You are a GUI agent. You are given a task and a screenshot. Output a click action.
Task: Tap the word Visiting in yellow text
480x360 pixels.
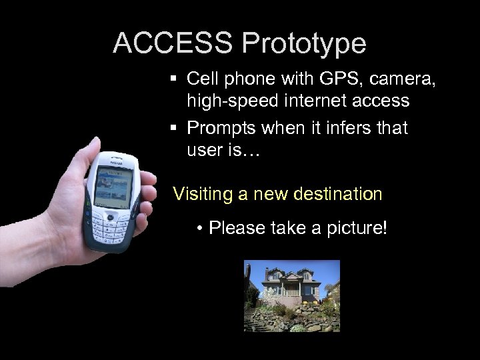(201, 194)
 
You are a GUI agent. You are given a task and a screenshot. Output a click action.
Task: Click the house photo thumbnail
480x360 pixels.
(291, 295)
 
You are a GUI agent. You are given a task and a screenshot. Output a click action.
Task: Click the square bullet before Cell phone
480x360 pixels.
(173, 79)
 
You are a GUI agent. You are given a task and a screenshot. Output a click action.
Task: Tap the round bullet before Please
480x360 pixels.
(200, 229)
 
